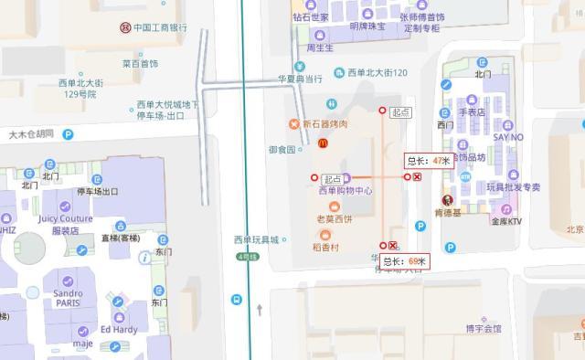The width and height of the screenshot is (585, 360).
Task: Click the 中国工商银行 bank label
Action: click(160, 27)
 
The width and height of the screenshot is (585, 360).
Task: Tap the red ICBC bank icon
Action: click(124, 27)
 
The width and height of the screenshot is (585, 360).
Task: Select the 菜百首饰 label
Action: click(140, 64)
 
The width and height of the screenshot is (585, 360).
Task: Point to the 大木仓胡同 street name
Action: click(31, 134)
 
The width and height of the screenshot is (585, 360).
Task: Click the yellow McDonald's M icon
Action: click(322, 143)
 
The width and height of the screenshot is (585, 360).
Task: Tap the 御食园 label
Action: click(282, 149)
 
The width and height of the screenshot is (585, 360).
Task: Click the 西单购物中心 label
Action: click(346, 191)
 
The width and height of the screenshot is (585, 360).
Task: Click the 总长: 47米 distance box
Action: click(429, 161)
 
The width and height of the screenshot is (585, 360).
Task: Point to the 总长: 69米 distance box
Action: click(405, 261)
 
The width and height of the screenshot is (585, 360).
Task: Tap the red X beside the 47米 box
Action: click(418, 177)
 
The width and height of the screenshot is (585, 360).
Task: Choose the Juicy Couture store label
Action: click(65, 219)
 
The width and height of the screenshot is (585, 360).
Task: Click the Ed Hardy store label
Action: click(118, 329)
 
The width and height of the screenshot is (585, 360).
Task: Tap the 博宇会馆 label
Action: click(484, 328)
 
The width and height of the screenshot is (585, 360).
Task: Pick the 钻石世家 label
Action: click(311, 16)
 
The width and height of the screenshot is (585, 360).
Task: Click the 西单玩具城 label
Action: click(256, 240)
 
